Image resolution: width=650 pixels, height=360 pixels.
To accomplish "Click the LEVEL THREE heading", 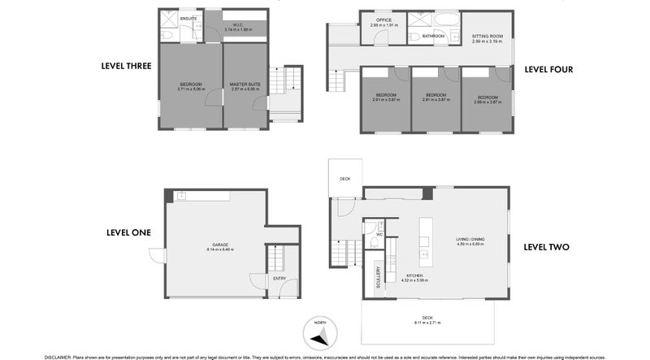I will [x=126, y=66].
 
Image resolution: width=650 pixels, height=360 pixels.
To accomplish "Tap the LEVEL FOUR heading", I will [x=548, y=69].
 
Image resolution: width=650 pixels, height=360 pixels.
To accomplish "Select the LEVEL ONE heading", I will [x=128, y=232].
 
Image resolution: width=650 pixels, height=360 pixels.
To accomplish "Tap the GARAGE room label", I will [x=219, y=244].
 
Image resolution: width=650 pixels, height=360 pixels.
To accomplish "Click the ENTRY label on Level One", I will [x=279, y=279].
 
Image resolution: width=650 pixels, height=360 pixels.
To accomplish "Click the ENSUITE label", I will [x=188, y=17].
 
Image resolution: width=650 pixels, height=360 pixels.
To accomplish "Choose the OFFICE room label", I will [x=383, y=21].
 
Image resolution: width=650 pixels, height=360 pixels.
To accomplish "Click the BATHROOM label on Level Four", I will [x=433, y=37].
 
